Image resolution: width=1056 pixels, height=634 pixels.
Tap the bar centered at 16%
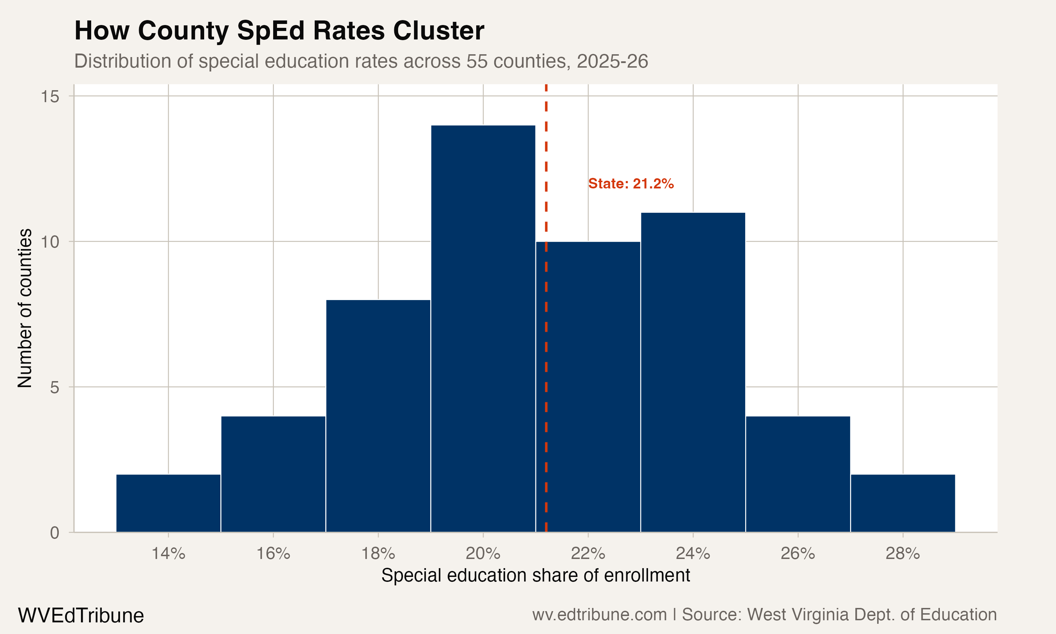point(273,474)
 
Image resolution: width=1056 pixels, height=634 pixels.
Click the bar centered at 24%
point(693,372)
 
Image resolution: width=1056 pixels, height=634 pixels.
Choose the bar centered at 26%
point(798,474)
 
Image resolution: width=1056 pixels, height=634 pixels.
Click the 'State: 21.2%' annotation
point(631,184)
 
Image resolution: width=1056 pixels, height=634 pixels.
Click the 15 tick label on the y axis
point(50,97)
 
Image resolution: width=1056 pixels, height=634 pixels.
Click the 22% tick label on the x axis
point(588,554)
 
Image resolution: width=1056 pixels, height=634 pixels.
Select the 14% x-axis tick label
point(168,554)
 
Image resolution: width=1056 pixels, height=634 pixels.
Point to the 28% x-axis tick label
point(903,554)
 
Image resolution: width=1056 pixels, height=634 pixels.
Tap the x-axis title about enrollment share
point(535,576)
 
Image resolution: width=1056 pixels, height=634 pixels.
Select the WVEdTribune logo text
point(81,616)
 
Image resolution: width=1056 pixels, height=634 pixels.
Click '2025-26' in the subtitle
point(612,61)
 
